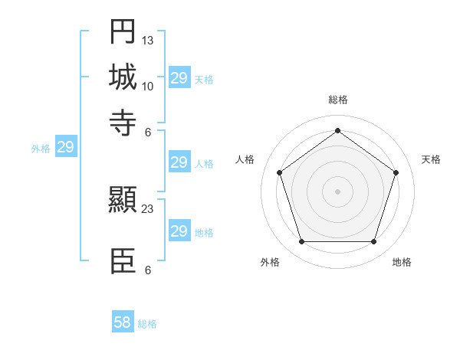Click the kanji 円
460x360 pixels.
[x=123, y=32]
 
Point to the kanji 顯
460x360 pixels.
[x=123, y=201]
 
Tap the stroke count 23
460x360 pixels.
[x=148, y=209]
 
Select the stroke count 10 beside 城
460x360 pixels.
[x=148, y=86]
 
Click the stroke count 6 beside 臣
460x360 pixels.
[x=148, y=270]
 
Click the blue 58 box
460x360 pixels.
[x=123, y=322]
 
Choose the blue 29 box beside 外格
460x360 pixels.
[x=65, y=146]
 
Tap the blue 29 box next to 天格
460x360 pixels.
[x=179, y=78]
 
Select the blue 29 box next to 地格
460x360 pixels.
[x=179, y=231]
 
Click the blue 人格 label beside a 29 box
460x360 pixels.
[x=204, y=163]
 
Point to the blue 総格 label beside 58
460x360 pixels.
[x=147, y=324]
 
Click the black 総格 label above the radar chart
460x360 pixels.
[x=337, y=100]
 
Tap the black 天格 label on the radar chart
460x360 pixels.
[x=431, y=159]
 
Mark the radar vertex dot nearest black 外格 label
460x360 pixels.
[x=301, y=242]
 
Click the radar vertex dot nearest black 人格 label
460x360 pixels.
[x=279, y=173]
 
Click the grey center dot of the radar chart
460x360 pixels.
[x=337, y=191]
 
